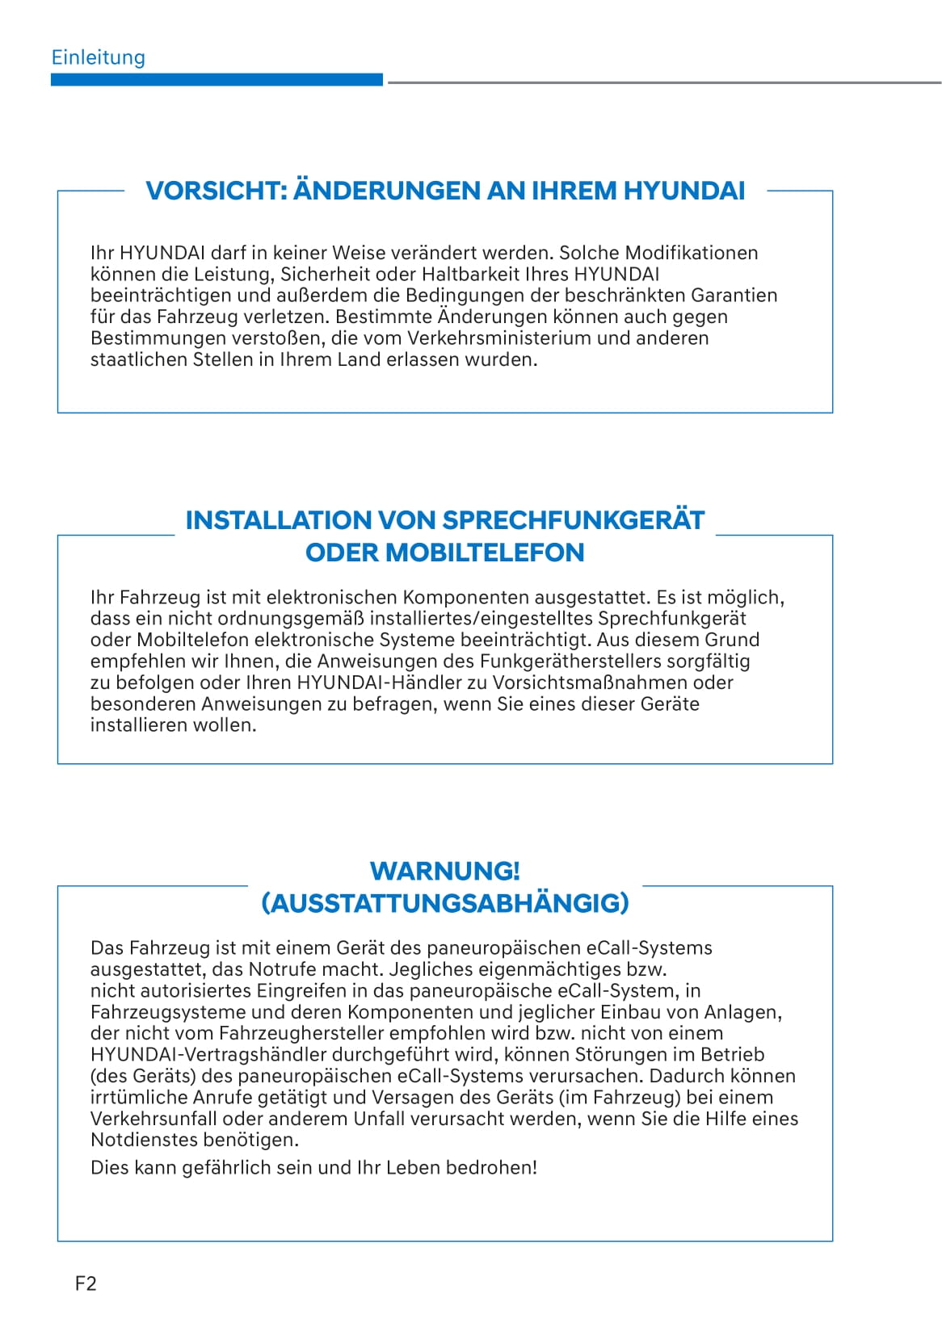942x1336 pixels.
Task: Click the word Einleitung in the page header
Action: [x=98, y=57]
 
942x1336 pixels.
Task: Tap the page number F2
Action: [x=86, y=1283]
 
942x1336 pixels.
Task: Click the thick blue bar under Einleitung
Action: [x=217, y=80]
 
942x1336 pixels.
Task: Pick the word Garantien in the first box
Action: [x=734, y=296]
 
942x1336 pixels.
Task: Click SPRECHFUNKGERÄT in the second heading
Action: [x=574, y=520]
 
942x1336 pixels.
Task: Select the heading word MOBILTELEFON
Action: [x=485, y=552]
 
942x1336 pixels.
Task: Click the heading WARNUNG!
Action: [x=444, y=871]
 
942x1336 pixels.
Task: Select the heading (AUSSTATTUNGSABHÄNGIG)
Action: [x=444, y=903]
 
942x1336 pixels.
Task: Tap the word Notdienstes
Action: [x=143, y=1141]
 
